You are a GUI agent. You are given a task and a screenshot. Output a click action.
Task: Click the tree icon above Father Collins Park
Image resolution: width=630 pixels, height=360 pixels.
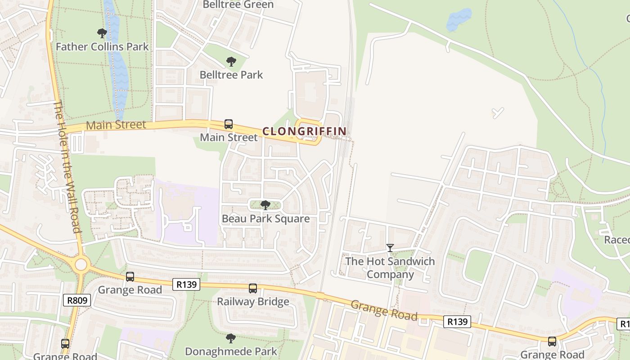tap(102, 33)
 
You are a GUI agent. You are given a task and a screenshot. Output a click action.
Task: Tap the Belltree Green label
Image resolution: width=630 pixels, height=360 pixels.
tap(238, 5)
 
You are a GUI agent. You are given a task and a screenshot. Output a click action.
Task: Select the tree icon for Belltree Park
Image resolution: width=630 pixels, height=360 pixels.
tap(231, 62)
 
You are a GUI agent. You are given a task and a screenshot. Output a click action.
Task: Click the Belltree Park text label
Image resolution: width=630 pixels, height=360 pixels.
tap(231, 75)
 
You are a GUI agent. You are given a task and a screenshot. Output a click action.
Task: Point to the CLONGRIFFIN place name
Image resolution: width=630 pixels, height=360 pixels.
tap(304, 131)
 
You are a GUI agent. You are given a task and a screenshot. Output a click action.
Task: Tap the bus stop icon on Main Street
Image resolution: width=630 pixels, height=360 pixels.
tap(229, 124)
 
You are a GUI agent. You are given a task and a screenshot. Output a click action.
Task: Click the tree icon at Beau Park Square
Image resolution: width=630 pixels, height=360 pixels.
tap(265, 205)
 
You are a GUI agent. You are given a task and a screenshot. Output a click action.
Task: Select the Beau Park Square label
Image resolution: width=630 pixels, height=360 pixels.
tap(265, 219)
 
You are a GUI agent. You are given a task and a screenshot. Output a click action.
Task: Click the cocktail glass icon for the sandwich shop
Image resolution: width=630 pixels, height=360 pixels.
tap(390, 248)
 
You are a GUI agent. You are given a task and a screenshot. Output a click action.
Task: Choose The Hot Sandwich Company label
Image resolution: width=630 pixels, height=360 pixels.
tap(390, 268)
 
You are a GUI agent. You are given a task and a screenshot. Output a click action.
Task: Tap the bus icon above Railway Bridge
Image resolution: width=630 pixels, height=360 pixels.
tap(253, 288)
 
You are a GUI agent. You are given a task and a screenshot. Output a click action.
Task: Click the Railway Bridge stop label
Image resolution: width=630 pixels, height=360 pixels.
tap(253, 301)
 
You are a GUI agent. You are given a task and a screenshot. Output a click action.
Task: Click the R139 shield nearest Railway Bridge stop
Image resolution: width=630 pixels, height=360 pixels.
tap(186, 284)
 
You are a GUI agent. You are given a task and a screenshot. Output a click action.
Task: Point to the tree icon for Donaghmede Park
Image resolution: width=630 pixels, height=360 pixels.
tap(231, 338)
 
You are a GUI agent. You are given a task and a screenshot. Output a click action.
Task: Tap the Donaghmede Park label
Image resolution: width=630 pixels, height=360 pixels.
tap(231, 351)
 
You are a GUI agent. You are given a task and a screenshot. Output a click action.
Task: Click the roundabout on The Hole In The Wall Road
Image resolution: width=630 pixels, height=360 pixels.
tap(81, 265)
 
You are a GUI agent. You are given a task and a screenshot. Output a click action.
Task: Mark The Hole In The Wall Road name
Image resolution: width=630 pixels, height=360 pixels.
tap(67, 166)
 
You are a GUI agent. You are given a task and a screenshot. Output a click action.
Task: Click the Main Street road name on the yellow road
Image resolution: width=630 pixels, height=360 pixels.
tap(116, 125)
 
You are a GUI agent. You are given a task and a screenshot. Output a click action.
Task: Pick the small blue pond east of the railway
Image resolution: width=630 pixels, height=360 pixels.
tap(459, 19)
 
